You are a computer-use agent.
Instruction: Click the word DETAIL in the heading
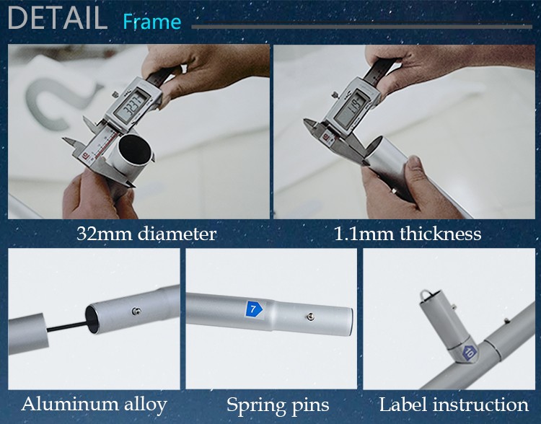tap(57, 17)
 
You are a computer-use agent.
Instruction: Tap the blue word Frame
tap(151, 22)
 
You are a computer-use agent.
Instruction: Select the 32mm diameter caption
tap(146, 234)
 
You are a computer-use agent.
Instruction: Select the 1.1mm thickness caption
tap(408, 234)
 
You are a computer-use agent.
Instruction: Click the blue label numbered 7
tap(254, 309)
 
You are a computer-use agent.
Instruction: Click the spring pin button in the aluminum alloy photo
tap(136, 312)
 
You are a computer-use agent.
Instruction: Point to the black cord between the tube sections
tap(67, 326)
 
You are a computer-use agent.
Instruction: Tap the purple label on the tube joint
tap(470, 353)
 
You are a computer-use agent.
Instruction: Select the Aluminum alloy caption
tap(94, 405)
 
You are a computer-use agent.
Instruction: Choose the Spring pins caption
tap(278, 405)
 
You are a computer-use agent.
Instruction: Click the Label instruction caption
tap(454, 405)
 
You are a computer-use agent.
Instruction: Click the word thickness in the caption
tap(441, 234)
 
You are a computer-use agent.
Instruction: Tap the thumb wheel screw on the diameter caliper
tap(114, 94)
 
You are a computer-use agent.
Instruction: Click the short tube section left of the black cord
tap(27, 334)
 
